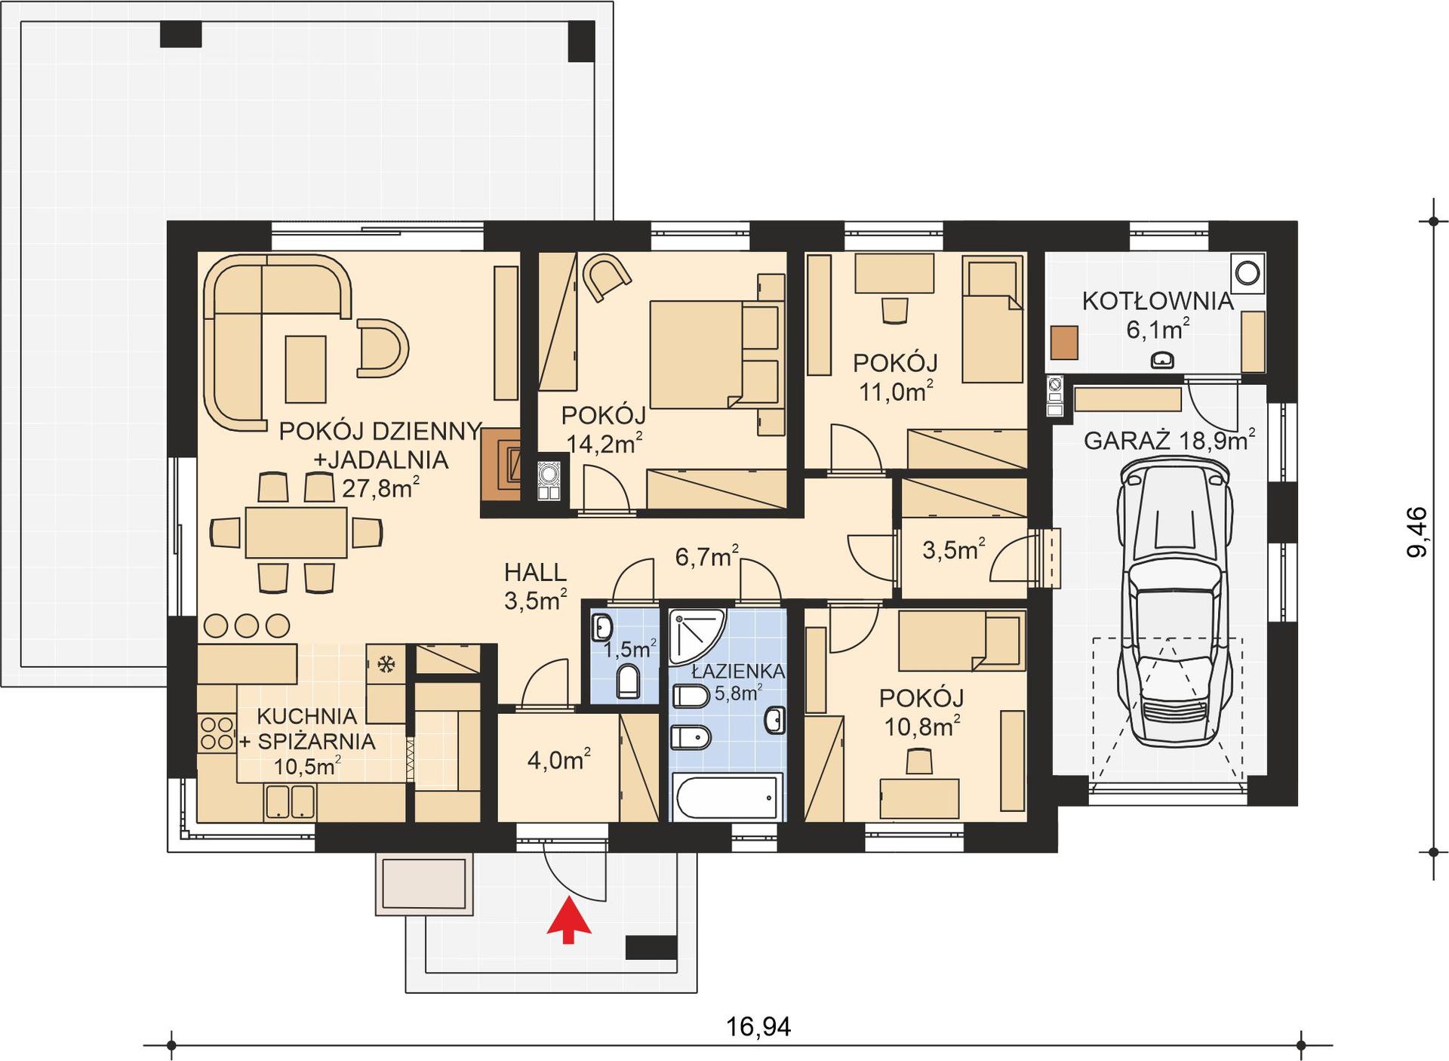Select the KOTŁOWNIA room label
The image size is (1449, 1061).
tap(1157, 301)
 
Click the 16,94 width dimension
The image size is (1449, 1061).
tap(758, 1026)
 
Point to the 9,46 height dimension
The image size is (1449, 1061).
tap(1417, 532)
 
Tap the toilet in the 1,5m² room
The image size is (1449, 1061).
tap(628, 681)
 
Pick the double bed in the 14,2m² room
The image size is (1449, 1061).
tap(713, 353)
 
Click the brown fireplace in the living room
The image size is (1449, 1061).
tap(500, 466)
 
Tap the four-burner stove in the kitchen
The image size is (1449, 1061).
tap(217, 733)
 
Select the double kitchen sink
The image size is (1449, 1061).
tap(290, 801)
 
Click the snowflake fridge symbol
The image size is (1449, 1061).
tap(386, 664)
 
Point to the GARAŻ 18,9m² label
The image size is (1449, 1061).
tap(1168, 440)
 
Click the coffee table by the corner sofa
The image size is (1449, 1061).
tap(306, 369)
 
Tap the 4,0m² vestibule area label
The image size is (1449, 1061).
tap(558, 760)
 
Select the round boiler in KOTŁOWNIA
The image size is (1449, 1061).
tap(1247, 272)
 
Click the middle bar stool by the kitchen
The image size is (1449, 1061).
tap(247, 626)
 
